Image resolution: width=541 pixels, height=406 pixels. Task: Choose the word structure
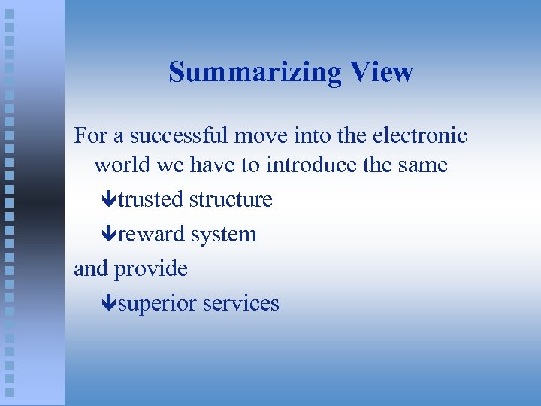(231, 200)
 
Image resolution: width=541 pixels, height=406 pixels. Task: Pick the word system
(223, 235)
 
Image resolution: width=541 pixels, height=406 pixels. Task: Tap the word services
(240, 304)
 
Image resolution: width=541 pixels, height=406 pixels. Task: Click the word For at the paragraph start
(90, 136)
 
